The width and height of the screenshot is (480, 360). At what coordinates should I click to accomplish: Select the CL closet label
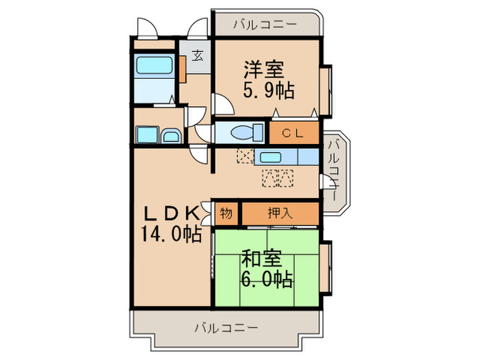click(293, 132)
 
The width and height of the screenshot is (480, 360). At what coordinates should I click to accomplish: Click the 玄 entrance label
click(197, 56)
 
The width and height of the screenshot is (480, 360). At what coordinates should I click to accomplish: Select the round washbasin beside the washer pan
click(170, 136)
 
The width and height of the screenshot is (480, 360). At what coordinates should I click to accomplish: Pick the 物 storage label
click(226, 213)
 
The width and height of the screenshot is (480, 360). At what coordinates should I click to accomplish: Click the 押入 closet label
click(280, 213)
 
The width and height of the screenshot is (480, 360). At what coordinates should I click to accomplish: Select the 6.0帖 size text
click(266, 279)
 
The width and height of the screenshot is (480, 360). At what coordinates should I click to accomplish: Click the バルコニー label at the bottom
click(226, 327)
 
